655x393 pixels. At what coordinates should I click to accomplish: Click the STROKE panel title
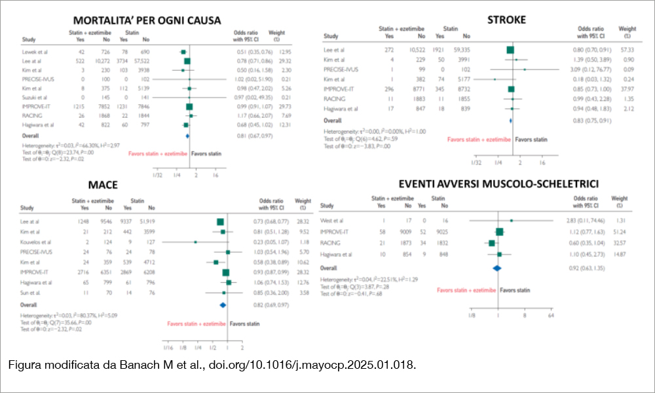(x=506, y=20)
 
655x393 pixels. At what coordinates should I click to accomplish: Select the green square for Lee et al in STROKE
(x=510, y=49)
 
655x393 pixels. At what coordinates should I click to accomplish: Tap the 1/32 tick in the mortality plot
(x=157, y=175)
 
